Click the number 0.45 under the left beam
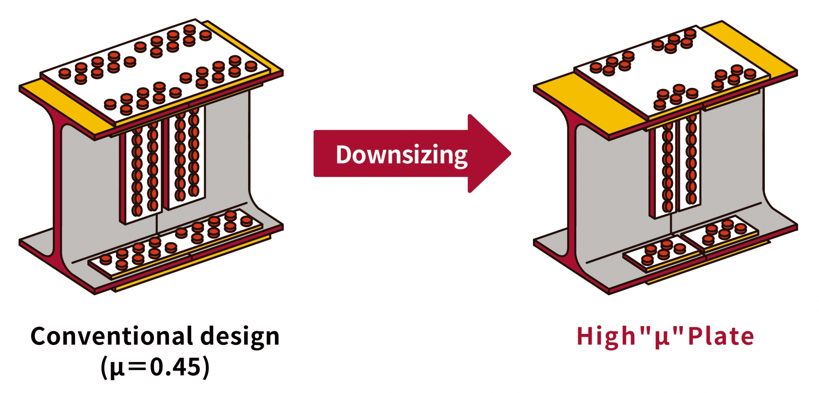click(x=175, y=368)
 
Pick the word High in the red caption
click(x=606, y=337)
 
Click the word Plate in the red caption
click(x=721, y=337)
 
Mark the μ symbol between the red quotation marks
click(x=662, y=338)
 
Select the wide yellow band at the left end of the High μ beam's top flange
click(x=590, y=102)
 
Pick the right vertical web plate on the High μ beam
click(x=682, y=164)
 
